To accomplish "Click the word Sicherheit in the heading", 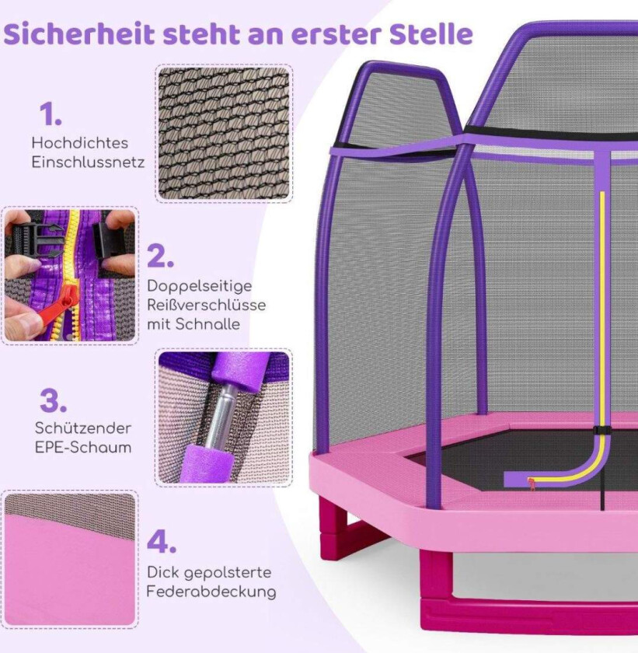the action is coord(79,33).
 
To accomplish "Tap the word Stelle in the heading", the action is coord(431,33).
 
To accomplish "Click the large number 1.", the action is coord(51,114).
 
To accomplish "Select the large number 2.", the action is coord(160,256).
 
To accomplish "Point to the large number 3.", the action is coord(54,400).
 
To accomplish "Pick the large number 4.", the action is coord(162,543).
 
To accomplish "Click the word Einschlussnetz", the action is coord(89,162).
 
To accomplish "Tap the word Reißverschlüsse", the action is coord(207,305).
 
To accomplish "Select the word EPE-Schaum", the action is coord(83,447).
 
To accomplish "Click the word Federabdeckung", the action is coord(211,592).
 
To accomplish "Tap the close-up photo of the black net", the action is coord(224,134).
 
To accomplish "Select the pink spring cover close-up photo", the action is coord(70,559).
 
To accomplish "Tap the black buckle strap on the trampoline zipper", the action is coord(602,431).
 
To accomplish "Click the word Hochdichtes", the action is coord(80,143).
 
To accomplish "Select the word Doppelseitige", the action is coord(200,287).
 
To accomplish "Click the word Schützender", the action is coord(83,428).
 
